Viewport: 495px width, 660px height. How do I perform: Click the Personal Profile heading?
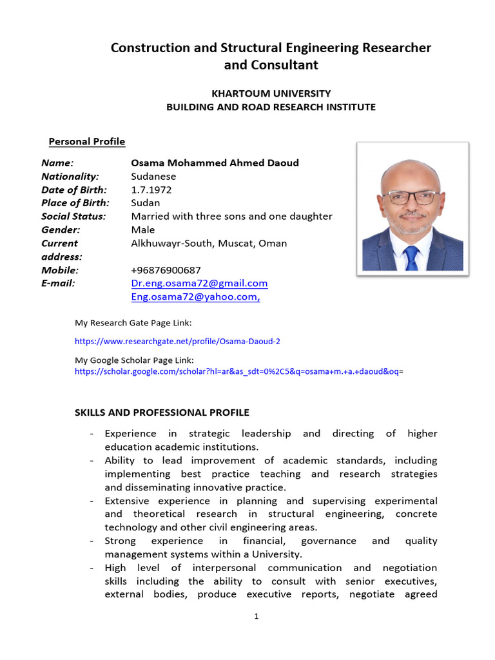[87, 142]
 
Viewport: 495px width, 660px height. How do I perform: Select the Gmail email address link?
[199, 284]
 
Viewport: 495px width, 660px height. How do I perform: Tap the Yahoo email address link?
[195, 297]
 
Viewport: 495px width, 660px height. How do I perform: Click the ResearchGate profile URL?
[177, 341]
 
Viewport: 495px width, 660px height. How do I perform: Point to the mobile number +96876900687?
[166, 270]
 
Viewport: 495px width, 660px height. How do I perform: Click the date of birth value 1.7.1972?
[151, 189]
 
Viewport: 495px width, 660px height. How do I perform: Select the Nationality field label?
[70, 176]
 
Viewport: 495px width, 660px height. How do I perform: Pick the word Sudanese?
[153, 176]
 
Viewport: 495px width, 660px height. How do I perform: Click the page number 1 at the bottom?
[256, 617]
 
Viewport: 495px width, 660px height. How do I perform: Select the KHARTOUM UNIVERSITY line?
[271, 93]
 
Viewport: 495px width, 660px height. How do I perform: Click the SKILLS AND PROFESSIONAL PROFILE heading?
[162, 412]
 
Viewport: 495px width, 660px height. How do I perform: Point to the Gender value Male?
[143, 229]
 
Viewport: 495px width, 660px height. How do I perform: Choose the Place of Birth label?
[74, 203]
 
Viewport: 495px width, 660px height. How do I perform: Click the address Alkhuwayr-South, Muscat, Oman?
[209, 243]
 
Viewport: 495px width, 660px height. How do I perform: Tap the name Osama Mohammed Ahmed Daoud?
[215, 162]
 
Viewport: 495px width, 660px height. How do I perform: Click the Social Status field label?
[73, 217]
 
